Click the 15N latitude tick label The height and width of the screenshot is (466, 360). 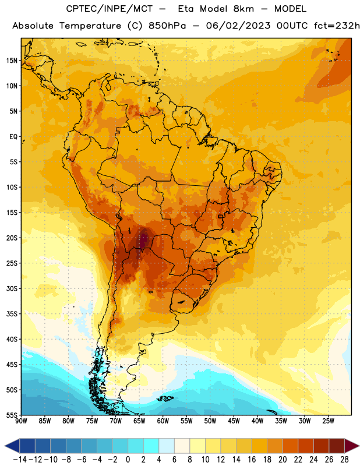click(x=12, y=61)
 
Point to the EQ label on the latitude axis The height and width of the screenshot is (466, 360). click(x=13, y=137)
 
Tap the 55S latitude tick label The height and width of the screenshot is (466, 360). click(x=12, y=415)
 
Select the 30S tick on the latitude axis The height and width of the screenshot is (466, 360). click(x=12, y=288)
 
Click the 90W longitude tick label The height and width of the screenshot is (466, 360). click(x=21, y=421)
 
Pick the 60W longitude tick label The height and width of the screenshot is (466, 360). click(x=163, y=421)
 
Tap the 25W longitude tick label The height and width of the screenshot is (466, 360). click(x=328, y=421)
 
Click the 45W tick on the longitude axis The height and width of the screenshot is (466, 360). click(x=234, y=421)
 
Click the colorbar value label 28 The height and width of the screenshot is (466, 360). click(x=344, y=460)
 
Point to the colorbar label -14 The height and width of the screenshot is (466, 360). click(x=20, y=460)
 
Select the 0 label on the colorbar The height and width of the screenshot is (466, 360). click(x=128, y=460)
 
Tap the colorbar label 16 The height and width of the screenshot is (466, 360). click(x=252, y=460)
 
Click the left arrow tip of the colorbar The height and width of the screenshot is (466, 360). click(x=5, y=446)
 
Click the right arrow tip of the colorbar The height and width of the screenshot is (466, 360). click(x=359, y=446)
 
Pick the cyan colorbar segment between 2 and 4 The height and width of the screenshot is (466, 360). click(x=151, y=446)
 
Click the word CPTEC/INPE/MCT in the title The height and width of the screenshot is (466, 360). click(x=109, y=9)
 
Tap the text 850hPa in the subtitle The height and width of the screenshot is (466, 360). click(x=167, y=26)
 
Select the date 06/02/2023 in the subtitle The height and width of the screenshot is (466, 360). click(x=238, y=26)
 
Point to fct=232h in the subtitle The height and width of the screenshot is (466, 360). click(x=337, y=26)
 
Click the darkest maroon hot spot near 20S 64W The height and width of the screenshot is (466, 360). click(x=143, y=239)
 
